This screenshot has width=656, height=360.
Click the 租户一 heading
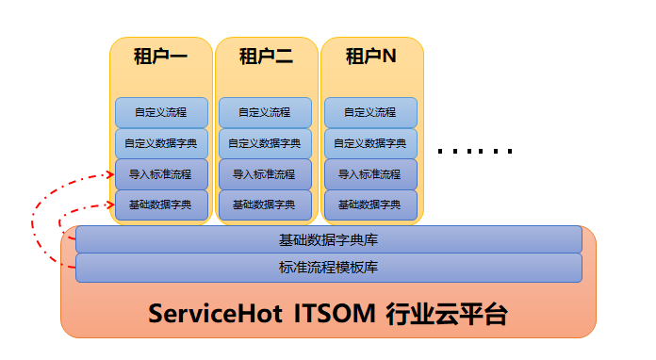click(160, 56)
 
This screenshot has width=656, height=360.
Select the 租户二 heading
click(266, 56)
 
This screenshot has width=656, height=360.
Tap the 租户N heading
click(371, 56)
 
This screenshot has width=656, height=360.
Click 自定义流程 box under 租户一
click(161, 112)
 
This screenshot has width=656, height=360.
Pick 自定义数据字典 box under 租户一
click(161, 143)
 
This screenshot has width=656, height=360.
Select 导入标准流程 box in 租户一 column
click(161, 174)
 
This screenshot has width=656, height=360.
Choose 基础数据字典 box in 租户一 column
click(161, 205)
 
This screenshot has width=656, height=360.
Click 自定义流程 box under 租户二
click(265, 112)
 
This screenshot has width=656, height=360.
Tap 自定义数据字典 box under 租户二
click(265, 143)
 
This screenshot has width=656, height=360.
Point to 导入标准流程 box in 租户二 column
click(265, 174)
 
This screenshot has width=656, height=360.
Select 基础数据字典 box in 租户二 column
click(265, 205)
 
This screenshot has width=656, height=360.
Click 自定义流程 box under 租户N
click(370, 112)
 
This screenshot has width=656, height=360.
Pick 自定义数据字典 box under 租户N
click(370, 143)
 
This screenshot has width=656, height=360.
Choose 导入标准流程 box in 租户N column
click(370, 174)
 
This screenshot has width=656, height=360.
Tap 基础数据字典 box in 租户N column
click(370, 205)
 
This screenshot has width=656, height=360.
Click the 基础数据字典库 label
click(328, 240)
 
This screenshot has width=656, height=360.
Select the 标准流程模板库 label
click(328, 268)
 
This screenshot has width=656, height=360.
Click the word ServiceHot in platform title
click(215, 314)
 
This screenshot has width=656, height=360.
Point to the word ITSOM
click(335, 314)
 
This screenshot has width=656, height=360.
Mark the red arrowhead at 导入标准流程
click(111, 174)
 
